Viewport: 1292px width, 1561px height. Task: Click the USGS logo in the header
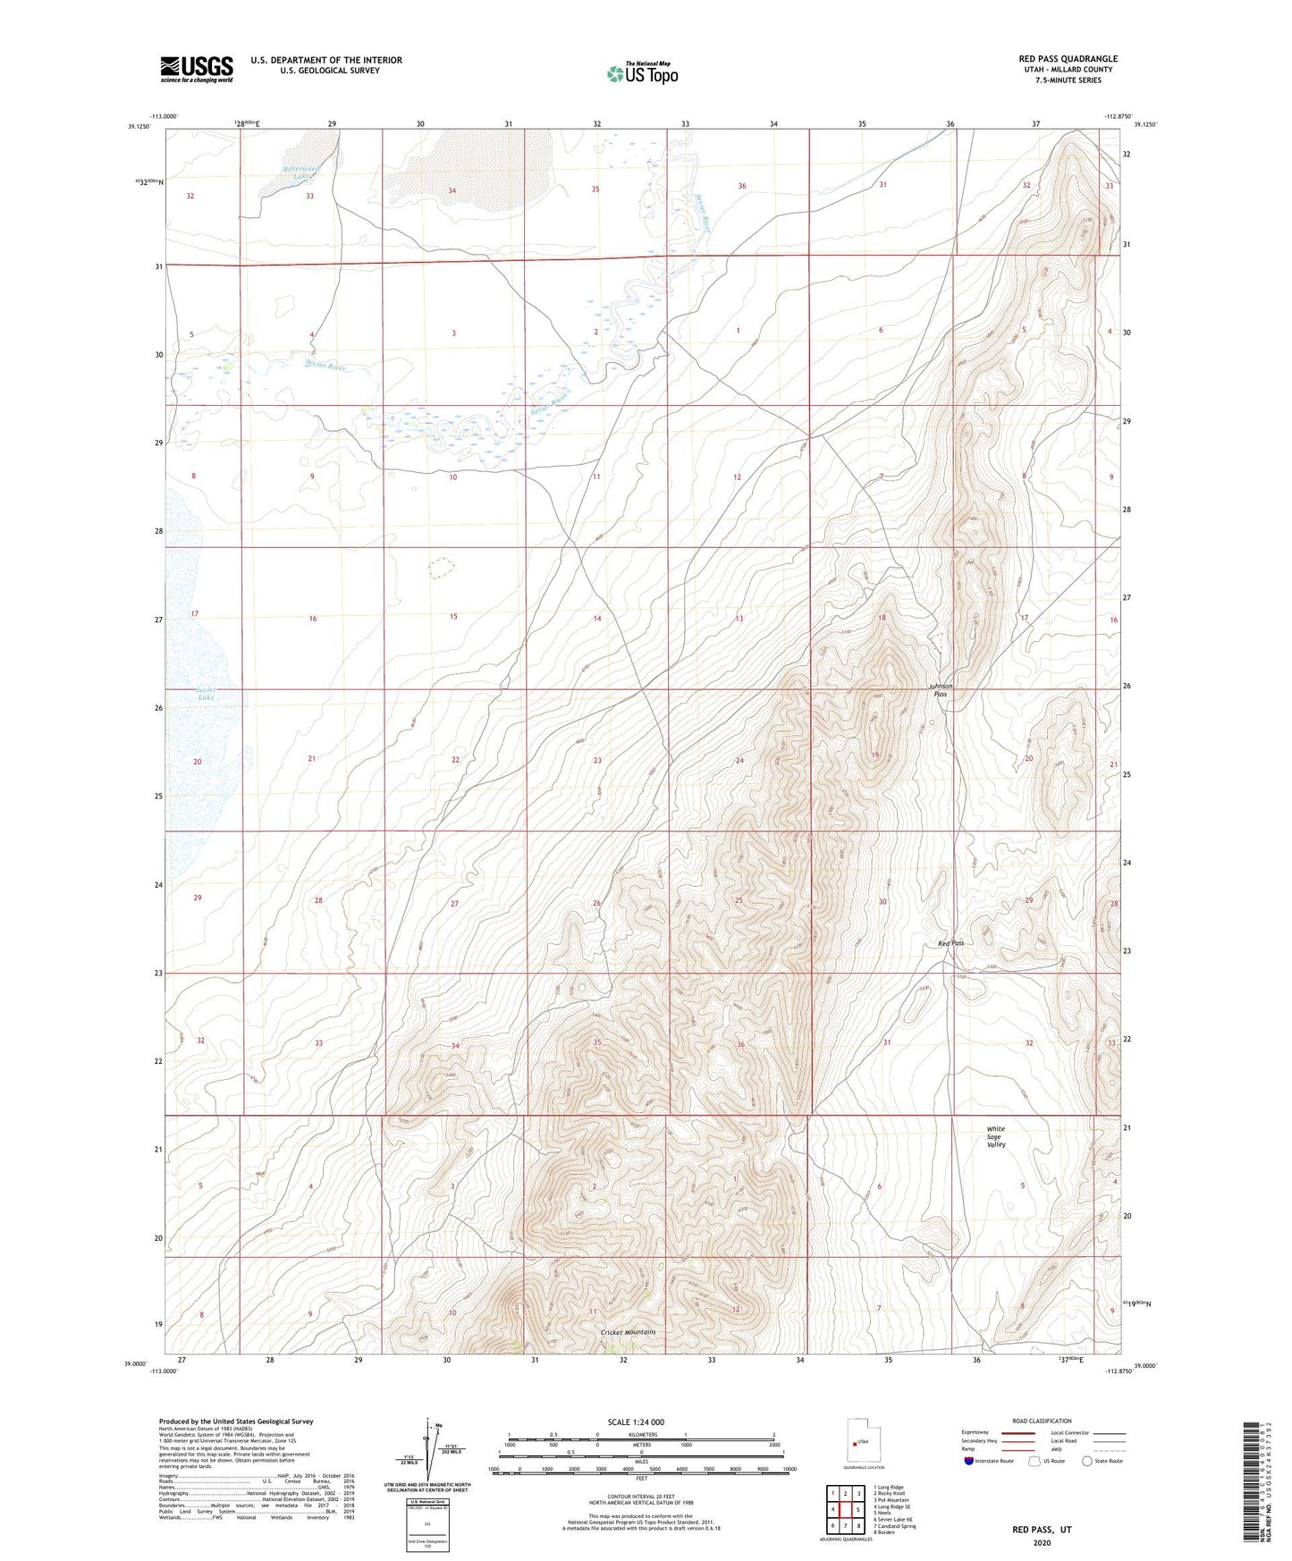click(x=197, y=69)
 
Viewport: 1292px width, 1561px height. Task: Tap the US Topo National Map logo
click(x=641, y=73)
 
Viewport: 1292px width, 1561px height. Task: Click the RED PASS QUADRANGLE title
click(x=1068, y=59)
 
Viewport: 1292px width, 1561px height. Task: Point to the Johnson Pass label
click(x=940, y=690)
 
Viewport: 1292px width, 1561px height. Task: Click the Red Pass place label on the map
click(x=950, y=943)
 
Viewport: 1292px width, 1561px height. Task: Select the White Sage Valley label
click(x=997, y=1136)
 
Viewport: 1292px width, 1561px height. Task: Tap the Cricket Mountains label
click(x=628, y=1332)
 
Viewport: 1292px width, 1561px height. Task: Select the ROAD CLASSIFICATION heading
click(x=1042, y=1421)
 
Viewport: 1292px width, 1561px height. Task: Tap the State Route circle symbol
click(x=1086, y=1461)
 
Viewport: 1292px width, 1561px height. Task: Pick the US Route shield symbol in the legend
click(x=1034, y=1461)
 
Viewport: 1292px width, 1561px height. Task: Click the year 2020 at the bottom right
click(x=1042, y=1542)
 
